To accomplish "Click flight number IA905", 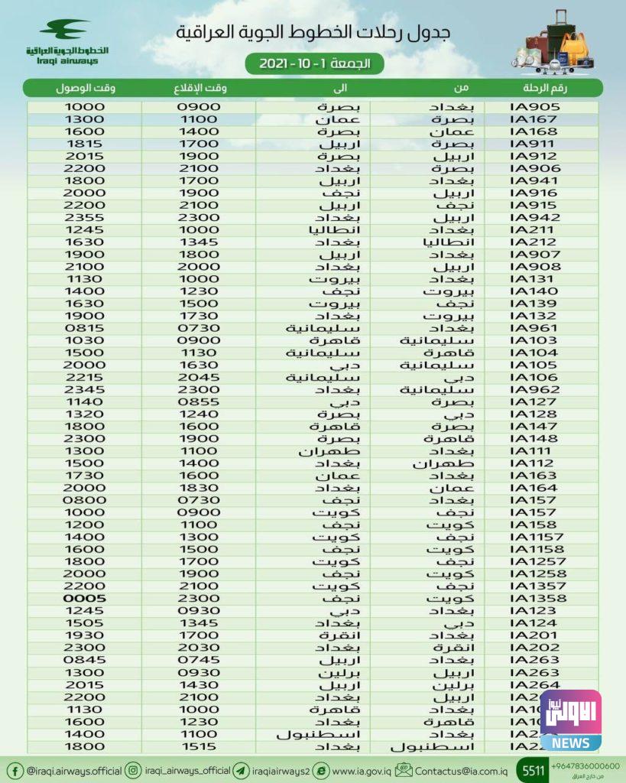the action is pyautogui.click(x=534, y=107).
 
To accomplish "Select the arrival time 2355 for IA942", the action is pyautogui.click(x=84, y=218).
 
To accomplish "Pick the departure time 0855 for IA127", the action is pyautogui.click(x=199, y=401).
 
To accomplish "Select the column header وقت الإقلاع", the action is pyautogui.click(x=200, y=88).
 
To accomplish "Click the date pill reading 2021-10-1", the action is pyautogui.click(x=314, y=64).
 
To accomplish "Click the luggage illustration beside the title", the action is pyautogui.click(x=556, y=44).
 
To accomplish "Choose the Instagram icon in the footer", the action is pyautogui.click(x=133, y=770).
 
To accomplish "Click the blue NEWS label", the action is pyautogui.click(x=570, y=742).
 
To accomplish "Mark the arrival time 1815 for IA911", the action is pyautogui.click(x=84, y=144).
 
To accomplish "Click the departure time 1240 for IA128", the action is pyautogui.click(x=199, y=414).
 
